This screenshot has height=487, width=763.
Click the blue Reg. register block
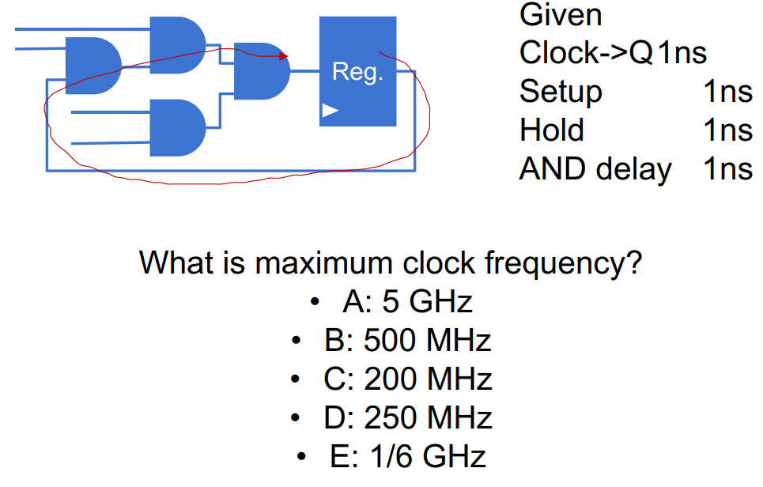pyautogui.click(x=357, y=71)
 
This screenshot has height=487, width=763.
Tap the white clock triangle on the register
pyautogui.click(x=330, y=111)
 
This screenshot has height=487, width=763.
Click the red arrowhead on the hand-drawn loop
pyautogui.click(x=284, y=56)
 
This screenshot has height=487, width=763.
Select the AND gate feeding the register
pyautogui.click(x=262, y=71)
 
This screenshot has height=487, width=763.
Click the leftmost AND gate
pyautogui.click(x=93, y=66)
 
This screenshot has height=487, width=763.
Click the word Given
pyautogui.click(x=561, y=14)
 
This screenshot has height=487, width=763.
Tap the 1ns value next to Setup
pyautogui.click(x=728, y=92)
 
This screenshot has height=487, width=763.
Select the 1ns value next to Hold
pyautogui.click(x=728, y=130)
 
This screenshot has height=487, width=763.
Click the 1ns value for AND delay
pyautogui.click(x=728, y=169)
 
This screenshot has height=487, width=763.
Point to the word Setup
pyautogui.click(x=561, y=92)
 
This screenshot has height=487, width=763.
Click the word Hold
pyautogui.click(x=552, y=130)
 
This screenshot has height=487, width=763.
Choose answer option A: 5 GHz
pyautogui.click(x=407, y=301)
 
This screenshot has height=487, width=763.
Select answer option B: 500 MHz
pyautogui.click(x=408, y=340)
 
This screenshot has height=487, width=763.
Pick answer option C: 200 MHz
pyautogui.click(x=408, y=379)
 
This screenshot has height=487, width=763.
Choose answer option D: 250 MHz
pyautogui.click(x=408, y=417)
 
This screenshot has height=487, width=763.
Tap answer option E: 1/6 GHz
pyautogui.click(x=408, y=456)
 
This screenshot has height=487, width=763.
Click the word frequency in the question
pyautogui.click(x=564, y=264)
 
